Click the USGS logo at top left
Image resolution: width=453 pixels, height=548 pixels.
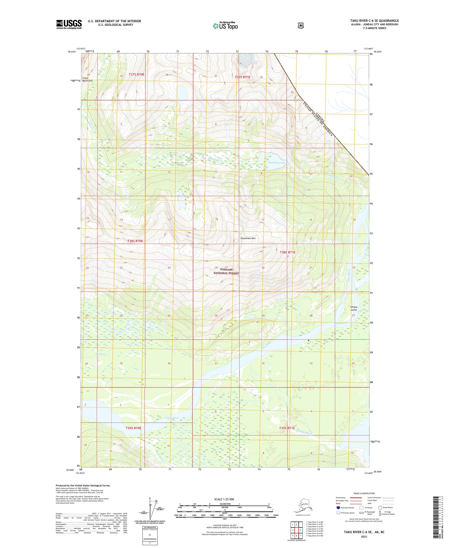point(69,25)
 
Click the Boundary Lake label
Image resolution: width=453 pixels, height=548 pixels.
point(277,163)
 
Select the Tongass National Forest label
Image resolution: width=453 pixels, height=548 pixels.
point(226,271)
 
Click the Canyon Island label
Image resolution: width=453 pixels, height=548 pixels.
point(353,308)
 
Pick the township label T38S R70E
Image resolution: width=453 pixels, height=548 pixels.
point(135,241)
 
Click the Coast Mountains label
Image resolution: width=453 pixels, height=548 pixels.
point(87,79)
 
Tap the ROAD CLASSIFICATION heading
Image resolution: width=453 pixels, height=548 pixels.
point(364,493)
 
